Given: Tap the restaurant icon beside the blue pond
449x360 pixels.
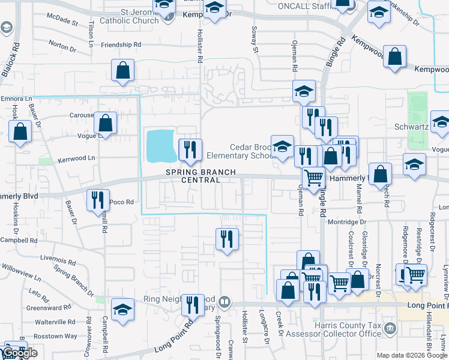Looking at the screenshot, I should point(190,150).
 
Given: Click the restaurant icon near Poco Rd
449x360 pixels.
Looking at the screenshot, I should point(98,200).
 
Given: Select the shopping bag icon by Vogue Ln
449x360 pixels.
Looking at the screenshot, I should point(106,124).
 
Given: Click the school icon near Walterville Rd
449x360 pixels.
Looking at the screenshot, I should point(123,310).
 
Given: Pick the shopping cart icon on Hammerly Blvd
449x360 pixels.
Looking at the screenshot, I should point(313,178).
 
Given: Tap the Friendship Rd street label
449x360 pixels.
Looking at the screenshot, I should point(121,45).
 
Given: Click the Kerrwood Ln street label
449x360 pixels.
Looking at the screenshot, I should point(76,158).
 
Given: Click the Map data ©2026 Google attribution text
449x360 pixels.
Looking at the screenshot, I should point(412,355).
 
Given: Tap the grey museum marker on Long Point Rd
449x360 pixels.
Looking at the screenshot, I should point(224,301).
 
